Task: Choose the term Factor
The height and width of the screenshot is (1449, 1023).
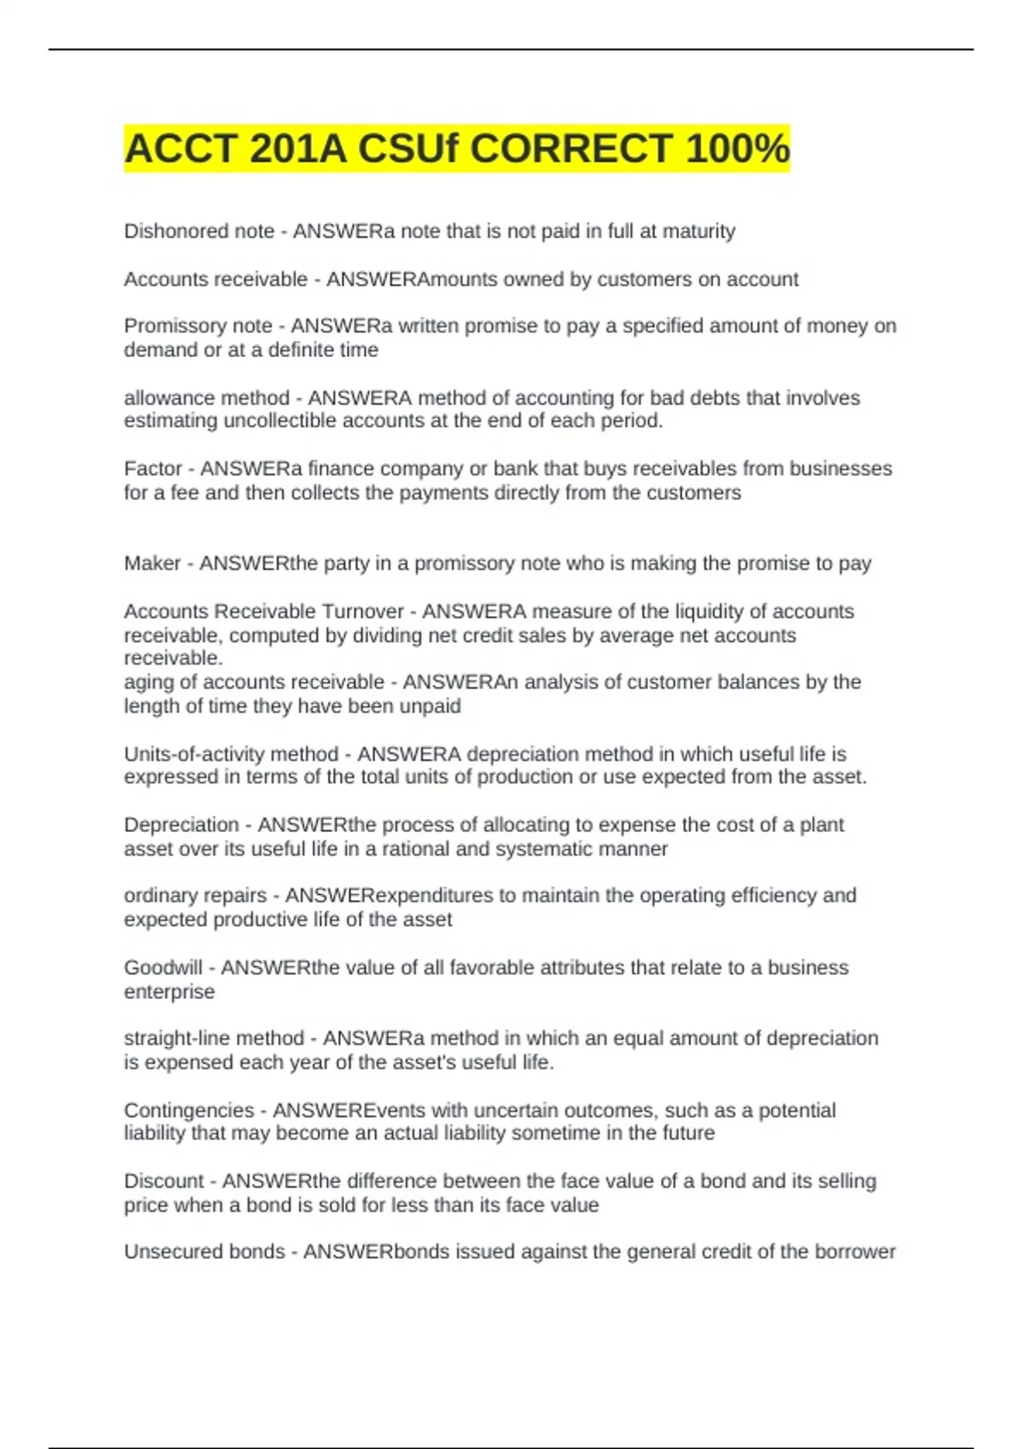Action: tap(153, 469)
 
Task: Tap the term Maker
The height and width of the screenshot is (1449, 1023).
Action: tap(153, 563)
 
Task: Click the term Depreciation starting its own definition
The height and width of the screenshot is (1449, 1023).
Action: tap(182, 825)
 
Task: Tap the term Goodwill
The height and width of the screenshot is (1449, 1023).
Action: tap(164, 967)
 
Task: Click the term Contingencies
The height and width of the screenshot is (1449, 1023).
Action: tap(189, 1111)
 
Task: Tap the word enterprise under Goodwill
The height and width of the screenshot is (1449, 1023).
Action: tap(170, 992)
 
